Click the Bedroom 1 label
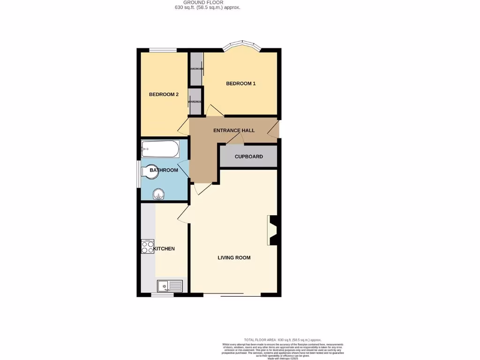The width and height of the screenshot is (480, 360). (241, 83)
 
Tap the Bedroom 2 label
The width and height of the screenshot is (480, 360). (164, 94)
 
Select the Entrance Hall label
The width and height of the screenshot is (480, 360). (234, 130)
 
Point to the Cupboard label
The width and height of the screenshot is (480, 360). (249, 157)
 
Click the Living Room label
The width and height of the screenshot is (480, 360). (234, 257)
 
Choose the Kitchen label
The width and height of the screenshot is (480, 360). (164, 248)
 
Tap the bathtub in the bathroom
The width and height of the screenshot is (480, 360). (160, 149)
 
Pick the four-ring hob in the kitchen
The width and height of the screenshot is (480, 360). (148, 247)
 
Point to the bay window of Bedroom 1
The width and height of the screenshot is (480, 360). (241, 46)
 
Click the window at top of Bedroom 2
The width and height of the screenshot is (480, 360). (163, 50)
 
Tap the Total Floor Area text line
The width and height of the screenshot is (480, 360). (282, 339)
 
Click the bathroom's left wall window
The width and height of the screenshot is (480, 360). (138, 174)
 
